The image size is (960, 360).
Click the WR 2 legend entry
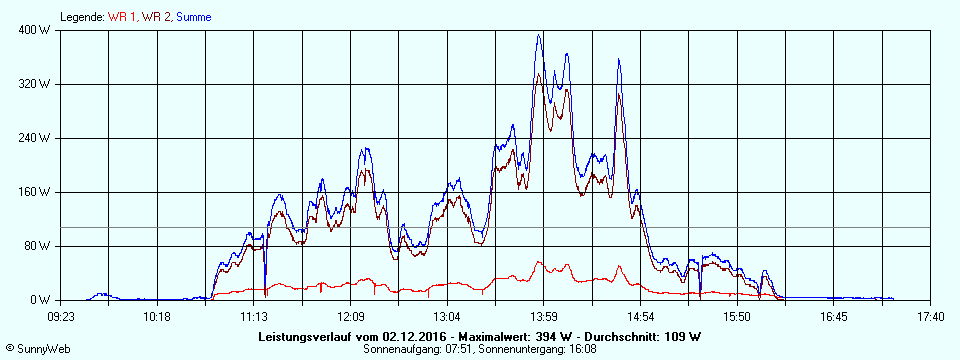[156, 17]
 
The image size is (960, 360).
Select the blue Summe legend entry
[193, 17]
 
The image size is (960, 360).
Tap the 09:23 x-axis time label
[61, 317]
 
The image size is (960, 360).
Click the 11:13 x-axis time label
[254, 317]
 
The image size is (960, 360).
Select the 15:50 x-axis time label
[737, 317]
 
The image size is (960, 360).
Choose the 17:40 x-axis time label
[930, 317]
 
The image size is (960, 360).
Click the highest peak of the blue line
[540, 35]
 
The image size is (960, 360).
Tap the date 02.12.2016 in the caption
[413, 337]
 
